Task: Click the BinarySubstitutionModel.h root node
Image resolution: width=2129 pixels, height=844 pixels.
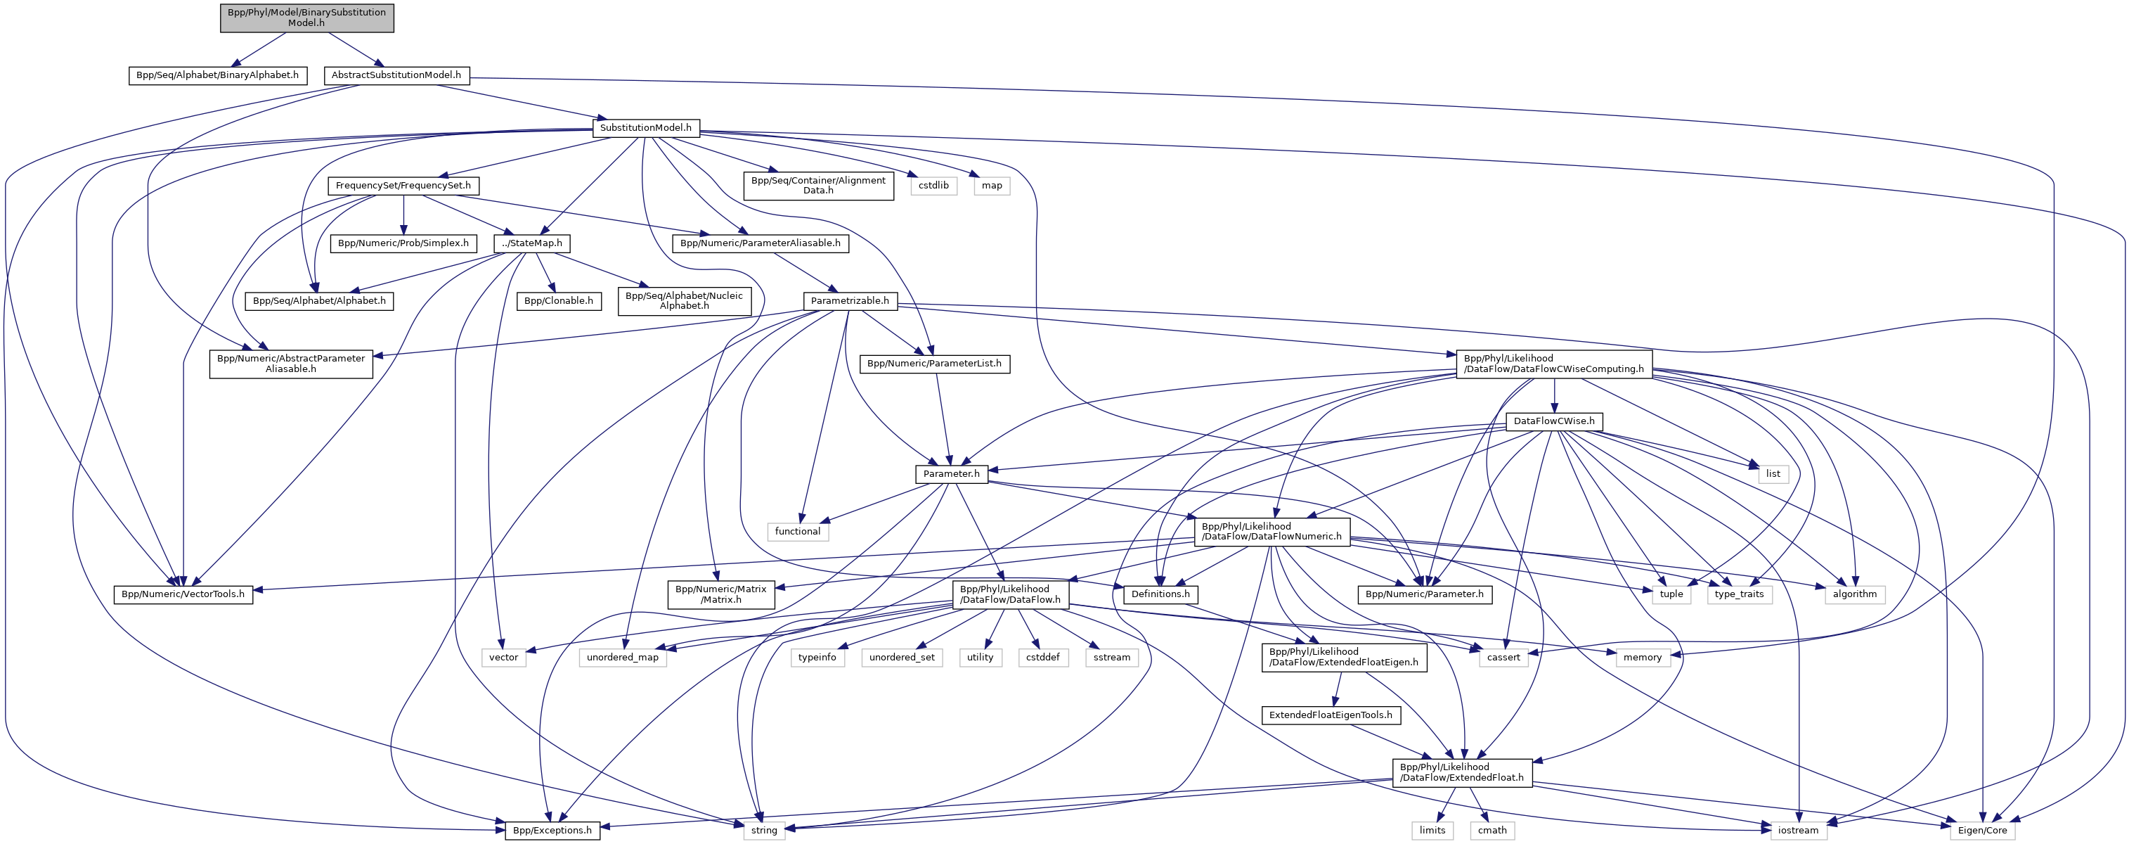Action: point(306,18)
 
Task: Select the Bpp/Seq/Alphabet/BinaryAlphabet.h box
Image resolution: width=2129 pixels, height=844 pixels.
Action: point(217,75)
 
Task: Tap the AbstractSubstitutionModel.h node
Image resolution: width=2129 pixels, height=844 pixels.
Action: point(396,75)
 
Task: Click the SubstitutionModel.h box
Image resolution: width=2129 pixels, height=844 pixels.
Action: point(645,128)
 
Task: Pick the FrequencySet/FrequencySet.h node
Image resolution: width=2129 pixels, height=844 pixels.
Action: point(403,186)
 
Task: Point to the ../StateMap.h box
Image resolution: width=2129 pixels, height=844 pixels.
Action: point(531,244)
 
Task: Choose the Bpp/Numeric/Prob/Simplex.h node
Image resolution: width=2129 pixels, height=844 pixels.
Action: point(403,244)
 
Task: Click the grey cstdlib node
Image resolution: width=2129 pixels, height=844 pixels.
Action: point(934,186)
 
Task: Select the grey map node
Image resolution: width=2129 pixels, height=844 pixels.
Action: point(992,186)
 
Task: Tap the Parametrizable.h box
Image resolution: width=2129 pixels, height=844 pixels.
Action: point(850,301)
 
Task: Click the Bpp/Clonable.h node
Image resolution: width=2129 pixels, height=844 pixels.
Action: point(559,301)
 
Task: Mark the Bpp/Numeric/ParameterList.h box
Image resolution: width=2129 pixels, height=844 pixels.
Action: point(934,364)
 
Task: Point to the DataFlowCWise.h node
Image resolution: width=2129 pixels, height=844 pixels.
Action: point(1554,421)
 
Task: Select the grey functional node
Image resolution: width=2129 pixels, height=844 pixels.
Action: point(798,532)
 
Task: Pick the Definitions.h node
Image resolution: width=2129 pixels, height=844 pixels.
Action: point(1160,594)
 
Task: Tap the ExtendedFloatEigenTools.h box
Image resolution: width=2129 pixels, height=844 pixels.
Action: point(1331,716)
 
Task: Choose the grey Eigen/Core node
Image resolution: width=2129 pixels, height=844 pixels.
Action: point(1982,831)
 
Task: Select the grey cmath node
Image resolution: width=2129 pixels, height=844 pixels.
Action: point(1491,831)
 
